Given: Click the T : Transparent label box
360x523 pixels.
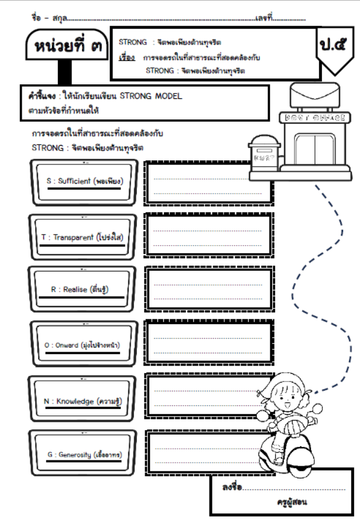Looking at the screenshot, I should tap(84, 237).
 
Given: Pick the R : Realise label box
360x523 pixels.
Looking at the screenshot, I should tap(84, 290).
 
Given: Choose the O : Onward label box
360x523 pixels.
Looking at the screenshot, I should tap(84, 345).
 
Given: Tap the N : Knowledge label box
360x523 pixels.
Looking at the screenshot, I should tap(84, 401).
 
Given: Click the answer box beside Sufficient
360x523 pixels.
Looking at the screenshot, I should tap(208, 183).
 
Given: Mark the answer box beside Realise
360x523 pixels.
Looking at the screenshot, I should tap(208, 291).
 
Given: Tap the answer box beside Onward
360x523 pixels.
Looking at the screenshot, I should tap(208, 345).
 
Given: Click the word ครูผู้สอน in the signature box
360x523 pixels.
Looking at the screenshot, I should tap(292, 501).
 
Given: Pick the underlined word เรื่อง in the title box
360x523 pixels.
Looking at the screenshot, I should tap(127, 58).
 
